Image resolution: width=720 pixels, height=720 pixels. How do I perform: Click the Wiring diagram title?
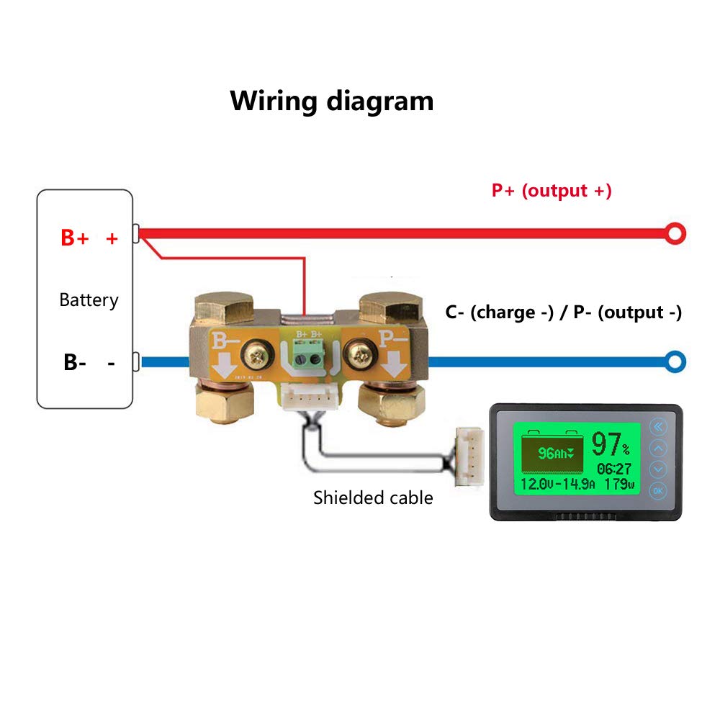coord(332,101)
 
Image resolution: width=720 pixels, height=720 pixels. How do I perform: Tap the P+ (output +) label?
coord(552,191)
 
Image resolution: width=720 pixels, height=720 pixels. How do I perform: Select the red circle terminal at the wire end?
coord(675,233)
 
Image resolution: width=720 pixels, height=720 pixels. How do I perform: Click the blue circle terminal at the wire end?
coord(675,362)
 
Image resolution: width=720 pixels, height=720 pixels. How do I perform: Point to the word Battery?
coord(89,300)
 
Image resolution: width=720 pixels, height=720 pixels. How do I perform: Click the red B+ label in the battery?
coord(75,238)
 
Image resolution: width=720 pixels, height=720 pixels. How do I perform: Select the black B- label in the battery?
coord(75,363)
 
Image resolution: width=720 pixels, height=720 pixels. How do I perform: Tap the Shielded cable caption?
coord(373,497)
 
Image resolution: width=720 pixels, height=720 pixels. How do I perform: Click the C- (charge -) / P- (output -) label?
coord(563,312)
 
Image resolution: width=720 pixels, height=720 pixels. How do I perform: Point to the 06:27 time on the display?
coord(613,469)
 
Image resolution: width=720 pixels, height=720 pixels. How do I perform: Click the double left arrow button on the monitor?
coord(658,428)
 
